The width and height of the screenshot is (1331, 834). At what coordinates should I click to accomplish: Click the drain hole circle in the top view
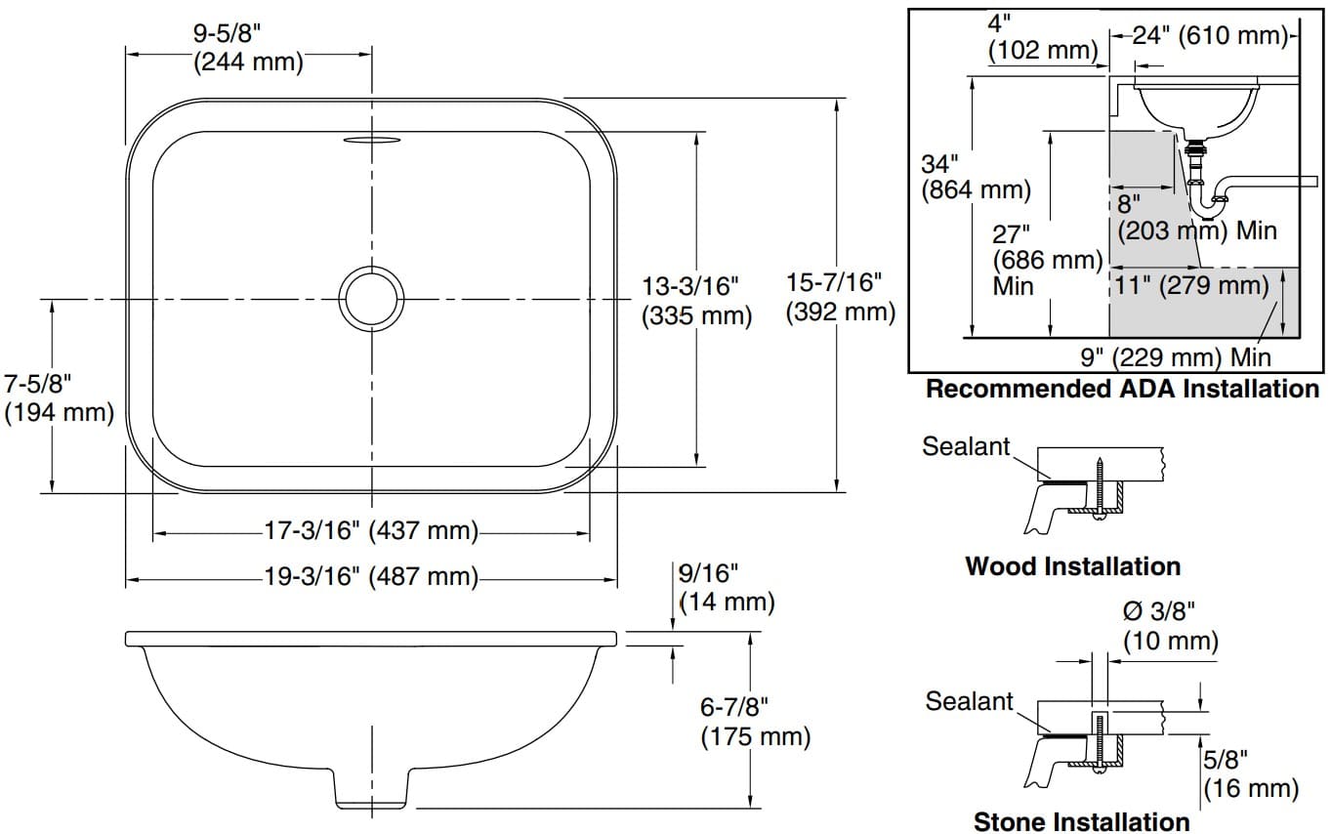[x=371, y=297]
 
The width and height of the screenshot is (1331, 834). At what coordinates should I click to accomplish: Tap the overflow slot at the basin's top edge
[x=371, y=140]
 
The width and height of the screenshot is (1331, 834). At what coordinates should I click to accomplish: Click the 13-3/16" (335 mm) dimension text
[x=696, y=301]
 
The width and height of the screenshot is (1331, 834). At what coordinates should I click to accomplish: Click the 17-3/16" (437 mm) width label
[x=371, y=531]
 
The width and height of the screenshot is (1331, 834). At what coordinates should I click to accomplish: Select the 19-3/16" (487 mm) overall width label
[x=371, y=576]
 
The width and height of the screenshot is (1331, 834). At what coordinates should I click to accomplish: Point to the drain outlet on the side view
[x=372, y=789]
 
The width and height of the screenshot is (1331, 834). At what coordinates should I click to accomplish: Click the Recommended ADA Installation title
[x=1121, y=390]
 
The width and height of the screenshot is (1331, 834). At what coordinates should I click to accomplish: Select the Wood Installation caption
[x=1072, y=566]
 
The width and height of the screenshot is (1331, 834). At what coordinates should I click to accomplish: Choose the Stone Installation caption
[x=1081, y=821]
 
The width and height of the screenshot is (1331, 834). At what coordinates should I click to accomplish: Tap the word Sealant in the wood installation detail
[x=966, y=447]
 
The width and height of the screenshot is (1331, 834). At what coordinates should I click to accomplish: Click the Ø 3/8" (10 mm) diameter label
[x=1170, y=626]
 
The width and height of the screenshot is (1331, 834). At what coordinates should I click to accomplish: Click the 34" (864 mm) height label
[x=975, y=177]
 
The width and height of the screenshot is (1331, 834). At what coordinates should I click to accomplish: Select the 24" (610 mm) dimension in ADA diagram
[x=1210, y=37]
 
